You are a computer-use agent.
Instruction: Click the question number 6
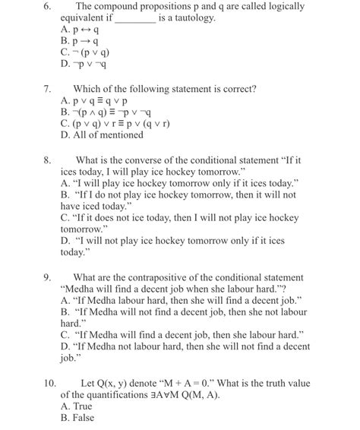coord(48,6)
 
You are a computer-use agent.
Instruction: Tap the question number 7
coord(48,89)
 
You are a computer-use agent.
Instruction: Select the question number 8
coord(48,161)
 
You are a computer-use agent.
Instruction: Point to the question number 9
coord(48,277)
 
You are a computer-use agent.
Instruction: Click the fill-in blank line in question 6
coord(134,19)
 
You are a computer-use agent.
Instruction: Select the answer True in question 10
coord(77,406)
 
